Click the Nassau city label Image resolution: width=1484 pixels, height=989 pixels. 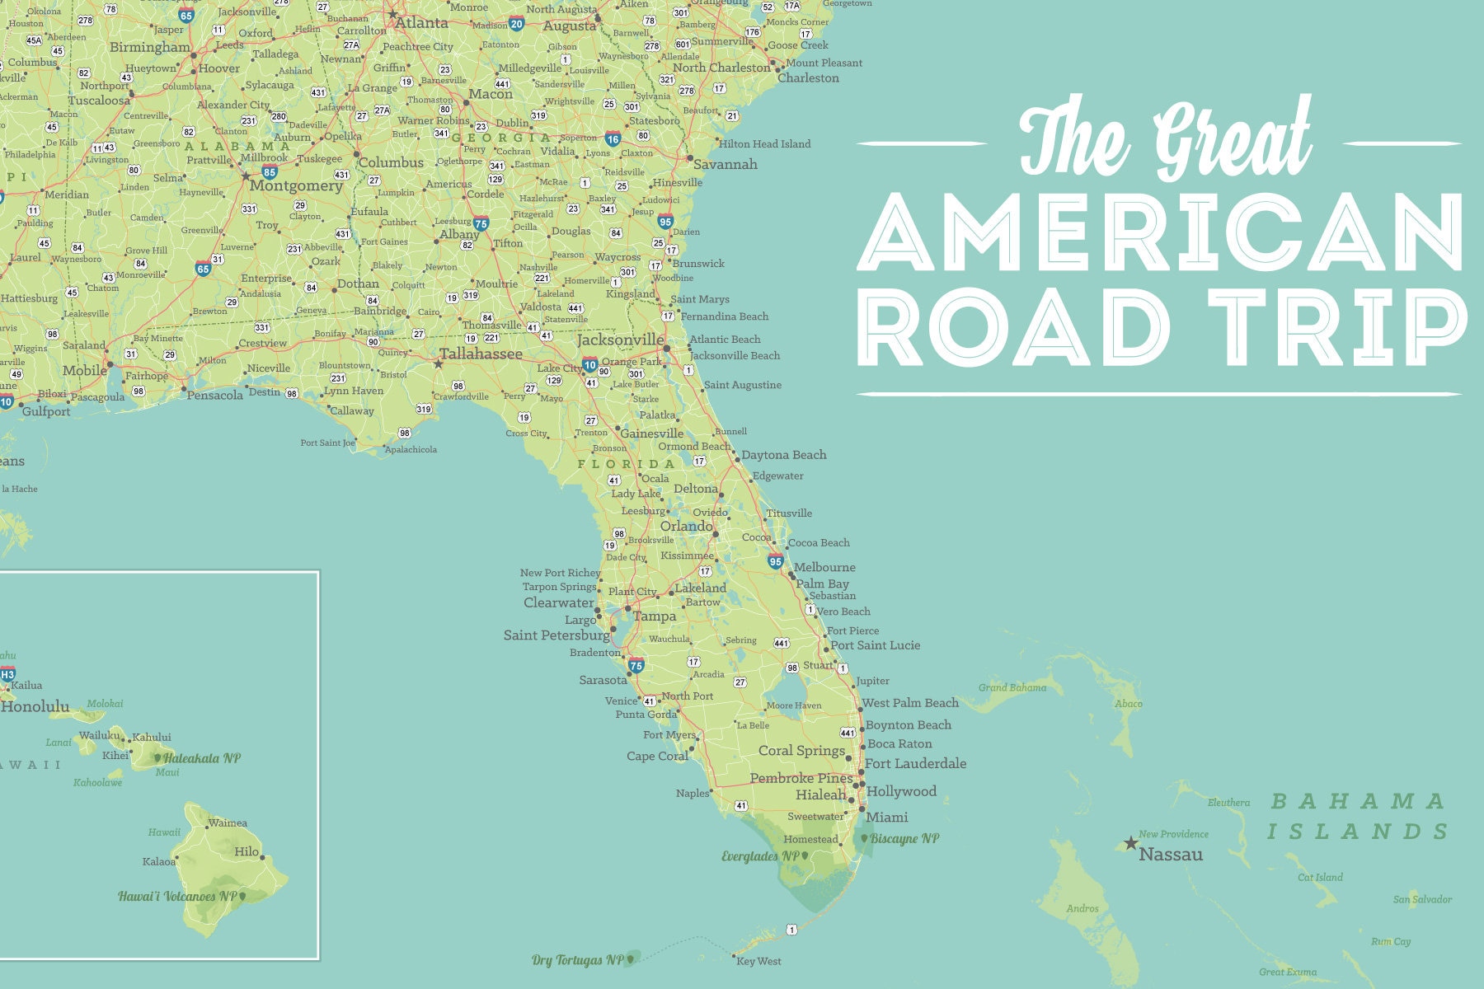(1171, 855)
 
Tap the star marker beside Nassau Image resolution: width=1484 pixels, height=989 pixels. (1130, 843)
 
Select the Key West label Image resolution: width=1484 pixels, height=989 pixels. (758, 961)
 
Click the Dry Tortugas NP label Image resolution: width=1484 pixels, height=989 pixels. (578, 960)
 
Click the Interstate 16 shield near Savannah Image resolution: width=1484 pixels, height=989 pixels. (613, 139)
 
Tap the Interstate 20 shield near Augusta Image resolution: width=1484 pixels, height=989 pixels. (516, 24)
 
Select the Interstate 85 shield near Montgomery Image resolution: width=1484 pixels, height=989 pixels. (270, 172)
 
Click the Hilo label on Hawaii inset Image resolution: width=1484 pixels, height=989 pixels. (247, 851)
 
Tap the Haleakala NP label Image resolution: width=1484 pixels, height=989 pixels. (201, 758)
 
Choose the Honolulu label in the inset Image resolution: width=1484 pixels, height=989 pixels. (35, 706)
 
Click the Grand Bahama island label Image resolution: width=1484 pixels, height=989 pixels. (1012, 687)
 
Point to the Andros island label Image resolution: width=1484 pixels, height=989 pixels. (1082, 908)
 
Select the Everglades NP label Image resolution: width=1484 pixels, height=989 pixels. (761, 856)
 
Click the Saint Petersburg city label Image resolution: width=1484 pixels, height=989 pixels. (556, 635)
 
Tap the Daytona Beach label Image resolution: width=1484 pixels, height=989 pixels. (783, 455)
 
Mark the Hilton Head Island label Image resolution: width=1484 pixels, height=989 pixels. (764, 144)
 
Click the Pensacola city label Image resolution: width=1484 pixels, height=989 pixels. (215, 396)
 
